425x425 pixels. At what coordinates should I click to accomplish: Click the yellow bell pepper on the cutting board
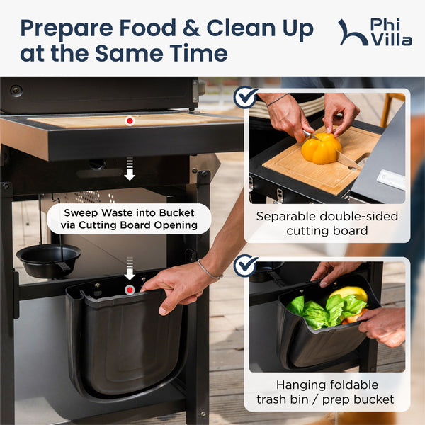coord(321,149)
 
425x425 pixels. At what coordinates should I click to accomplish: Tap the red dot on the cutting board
coord(130,121)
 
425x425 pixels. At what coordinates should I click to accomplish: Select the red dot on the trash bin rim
coord(130,290)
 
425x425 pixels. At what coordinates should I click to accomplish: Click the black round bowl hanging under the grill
coord(49,260)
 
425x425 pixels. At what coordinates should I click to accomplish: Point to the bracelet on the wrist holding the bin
coord(209,271)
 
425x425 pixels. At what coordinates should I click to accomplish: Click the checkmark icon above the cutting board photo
coord(245,97)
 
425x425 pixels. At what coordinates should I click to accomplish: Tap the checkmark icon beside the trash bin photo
coord(245,266)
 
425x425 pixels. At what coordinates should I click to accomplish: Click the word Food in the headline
coord(148,28)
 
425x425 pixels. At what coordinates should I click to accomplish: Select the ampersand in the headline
coord(192,28)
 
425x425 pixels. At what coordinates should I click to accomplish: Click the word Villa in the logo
coord(392,40)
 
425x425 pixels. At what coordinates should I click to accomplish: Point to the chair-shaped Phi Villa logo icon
coord(353,33)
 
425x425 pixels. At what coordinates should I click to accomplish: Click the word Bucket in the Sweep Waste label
coord(176,212)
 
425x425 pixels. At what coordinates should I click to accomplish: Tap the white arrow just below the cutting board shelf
coord(130,169)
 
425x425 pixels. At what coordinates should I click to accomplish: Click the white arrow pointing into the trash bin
coord(130,268)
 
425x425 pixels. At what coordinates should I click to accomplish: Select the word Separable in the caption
coord(286,217)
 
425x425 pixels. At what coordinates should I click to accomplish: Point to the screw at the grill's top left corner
coord(16,90)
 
